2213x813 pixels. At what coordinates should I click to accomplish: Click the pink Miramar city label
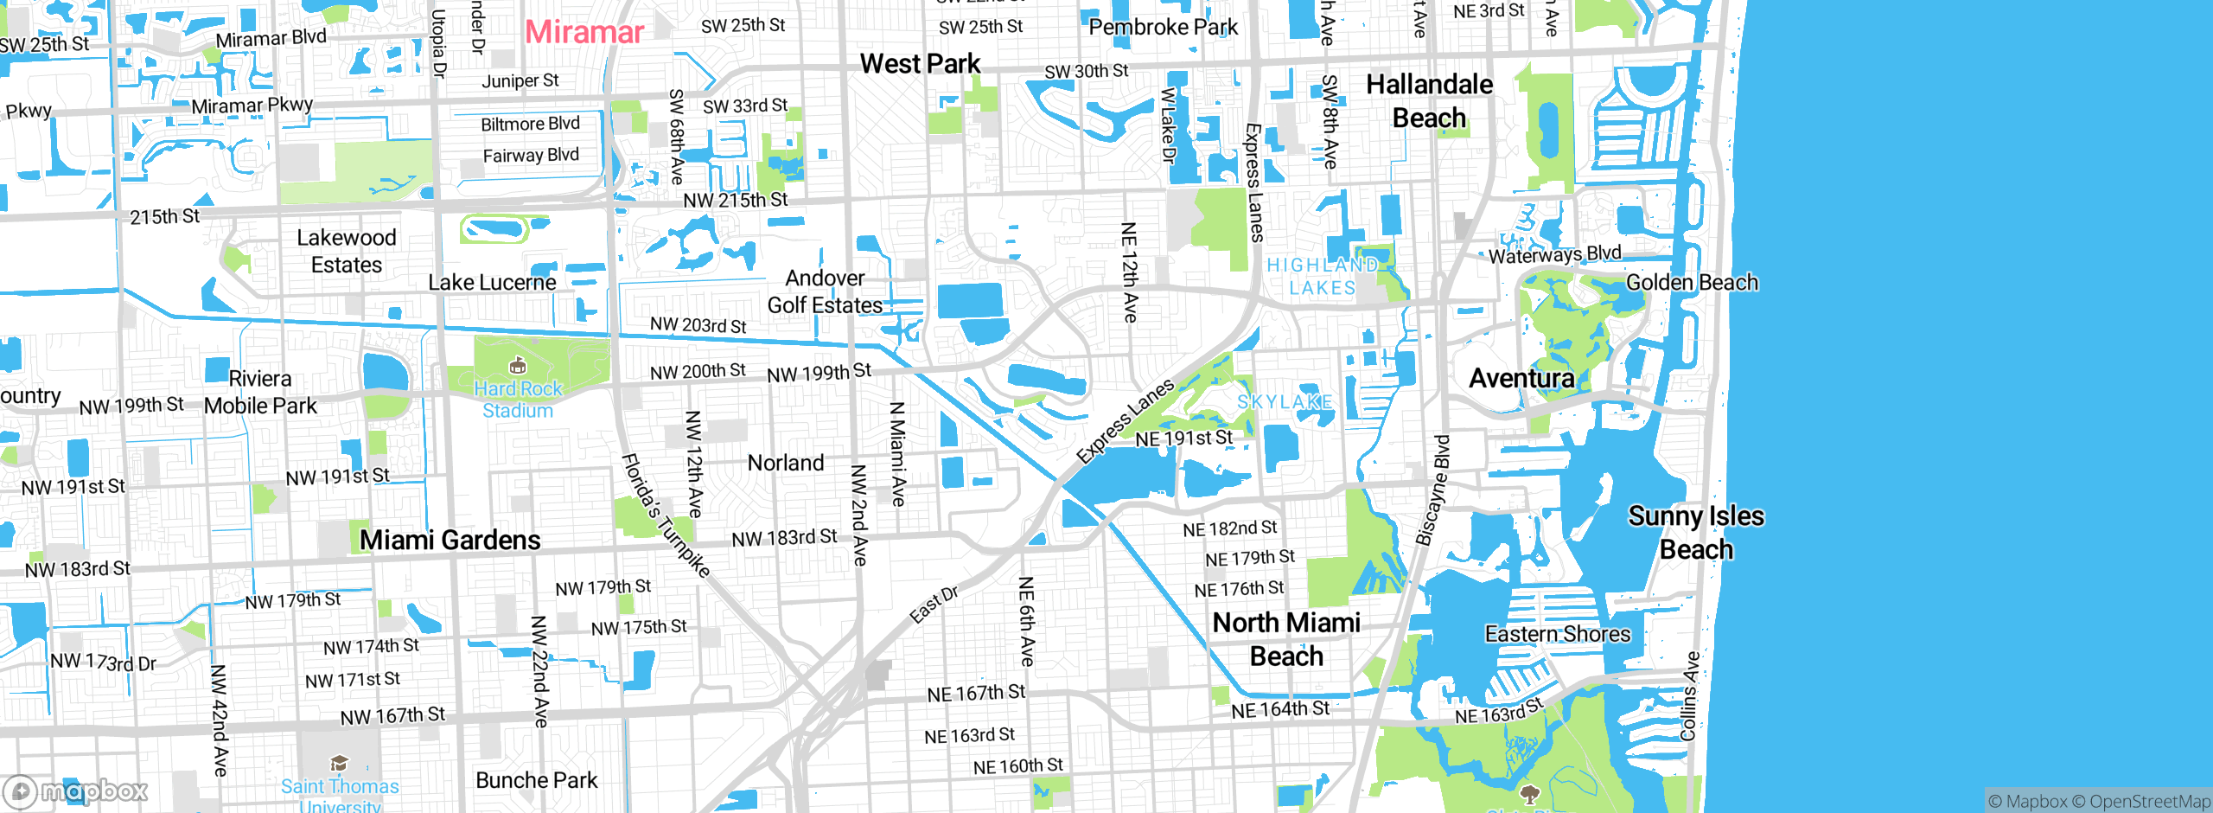tap(584, 33)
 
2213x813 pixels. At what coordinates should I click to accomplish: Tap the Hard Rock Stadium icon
tap(518, 365)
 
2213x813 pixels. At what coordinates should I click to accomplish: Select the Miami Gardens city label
tap(450, 541)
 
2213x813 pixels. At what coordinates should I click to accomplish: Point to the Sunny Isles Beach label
tap(1696, 533)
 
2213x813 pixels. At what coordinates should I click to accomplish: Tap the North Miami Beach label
tap(1286, 639)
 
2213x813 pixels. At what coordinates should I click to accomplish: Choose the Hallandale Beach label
tap(1429, 101)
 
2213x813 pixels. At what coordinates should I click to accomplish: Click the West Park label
tap(920, 64)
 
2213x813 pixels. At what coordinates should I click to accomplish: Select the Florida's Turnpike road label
tap(666, 515)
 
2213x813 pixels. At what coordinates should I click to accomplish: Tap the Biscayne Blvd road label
tap(1432, 490)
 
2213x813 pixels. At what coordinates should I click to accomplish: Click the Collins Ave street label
tap(1689, 696)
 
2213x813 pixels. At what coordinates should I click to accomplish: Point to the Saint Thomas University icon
tap(339, 763)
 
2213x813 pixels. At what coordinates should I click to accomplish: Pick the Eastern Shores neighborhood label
tap(1557, 634)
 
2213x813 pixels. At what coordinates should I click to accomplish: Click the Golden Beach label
tap(1692, 283)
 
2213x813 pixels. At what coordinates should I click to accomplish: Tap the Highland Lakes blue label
tap(1322, 277)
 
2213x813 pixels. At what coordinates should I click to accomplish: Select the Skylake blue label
tap(1285, 402)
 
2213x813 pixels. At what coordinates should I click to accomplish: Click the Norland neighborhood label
tap(785, 464)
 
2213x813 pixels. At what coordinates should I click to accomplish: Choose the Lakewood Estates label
tap(346, 251)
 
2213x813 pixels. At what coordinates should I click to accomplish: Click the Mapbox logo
tap(76, 791)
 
